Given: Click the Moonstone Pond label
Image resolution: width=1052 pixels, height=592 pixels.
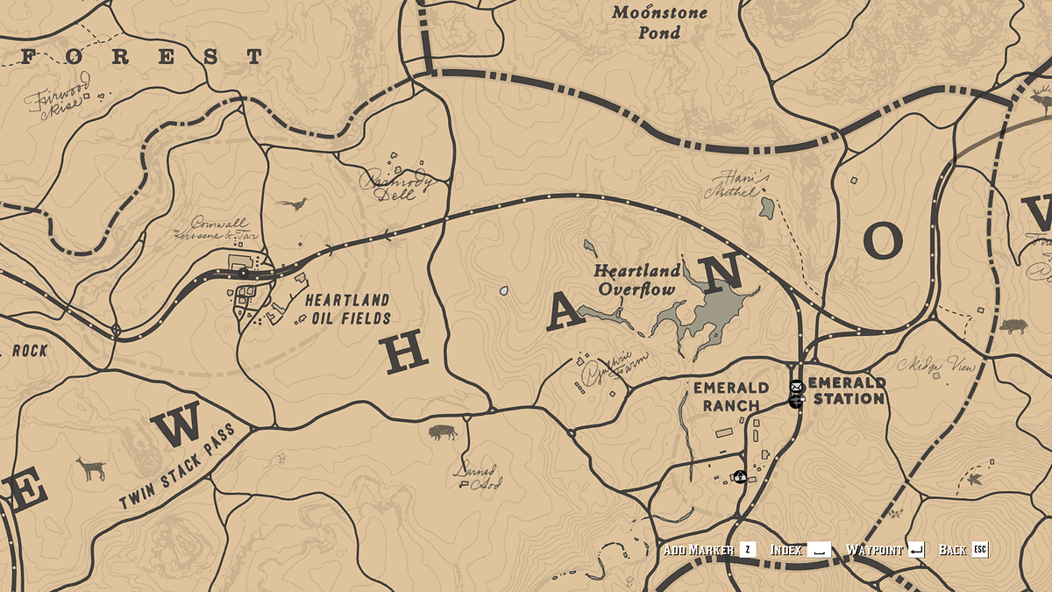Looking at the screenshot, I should pos(646,23).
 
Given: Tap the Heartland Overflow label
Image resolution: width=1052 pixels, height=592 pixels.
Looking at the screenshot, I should pos(636,280).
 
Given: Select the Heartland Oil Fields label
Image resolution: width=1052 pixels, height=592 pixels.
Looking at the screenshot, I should pos(348,309).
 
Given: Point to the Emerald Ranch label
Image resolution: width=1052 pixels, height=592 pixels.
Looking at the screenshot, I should pos(731,396).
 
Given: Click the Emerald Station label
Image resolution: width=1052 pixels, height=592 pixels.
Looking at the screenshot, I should pos(846,390).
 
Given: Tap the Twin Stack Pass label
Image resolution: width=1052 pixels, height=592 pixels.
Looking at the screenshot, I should pos(178,466).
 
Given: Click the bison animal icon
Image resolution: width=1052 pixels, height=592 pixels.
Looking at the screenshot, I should pos(443,432).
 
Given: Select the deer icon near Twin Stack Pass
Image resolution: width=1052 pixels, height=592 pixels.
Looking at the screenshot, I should pos(91,468).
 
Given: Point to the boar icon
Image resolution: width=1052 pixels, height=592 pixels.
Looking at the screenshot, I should pos(1013,326).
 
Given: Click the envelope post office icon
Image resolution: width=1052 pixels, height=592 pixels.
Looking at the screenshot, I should pos(797,387).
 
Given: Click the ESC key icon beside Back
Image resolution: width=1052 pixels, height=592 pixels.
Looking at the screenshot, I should pos(979,550).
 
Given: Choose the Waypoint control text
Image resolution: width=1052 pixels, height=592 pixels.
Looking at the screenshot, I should pos(873,550).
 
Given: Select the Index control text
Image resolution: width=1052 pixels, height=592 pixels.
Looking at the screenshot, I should pos(785,550).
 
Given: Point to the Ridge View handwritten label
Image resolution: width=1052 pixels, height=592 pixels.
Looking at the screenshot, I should pos(937,365).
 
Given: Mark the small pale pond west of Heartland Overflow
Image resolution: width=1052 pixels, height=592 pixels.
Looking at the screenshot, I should pos(504,289).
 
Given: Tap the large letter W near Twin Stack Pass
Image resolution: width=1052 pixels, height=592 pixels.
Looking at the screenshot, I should pos(181,427).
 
